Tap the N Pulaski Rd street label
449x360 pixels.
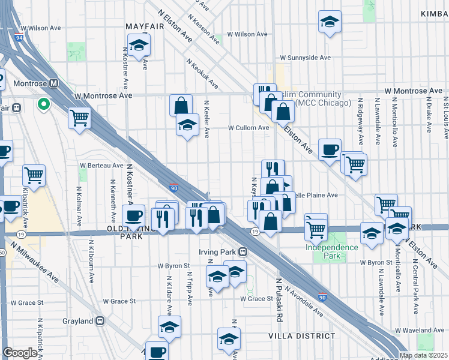click(279, 294)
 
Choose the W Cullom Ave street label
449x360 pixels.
click(248, 128)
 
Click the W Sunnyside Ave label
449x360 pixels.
click(305, 58)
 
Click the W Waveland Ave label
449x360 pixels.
click(420, 331)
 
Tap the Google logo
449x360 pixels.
click(20, 353)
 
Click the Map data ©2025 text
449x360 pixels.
click(423, 355)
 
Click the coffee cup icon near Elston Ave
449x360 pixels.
click(330, 150)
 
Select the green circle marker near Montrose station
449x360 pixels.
click(43, 105)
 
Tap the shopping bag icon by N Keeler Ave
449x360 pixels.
click(181, 106)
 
